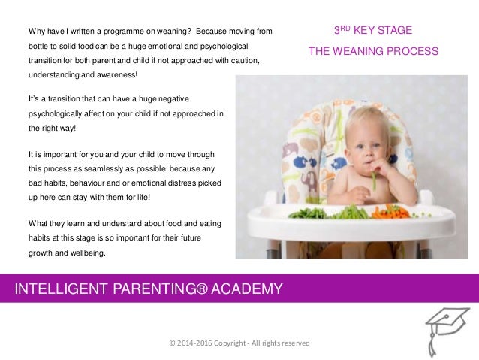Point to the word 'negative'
point(173,99)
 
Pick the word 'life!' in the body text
point(139,197)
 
